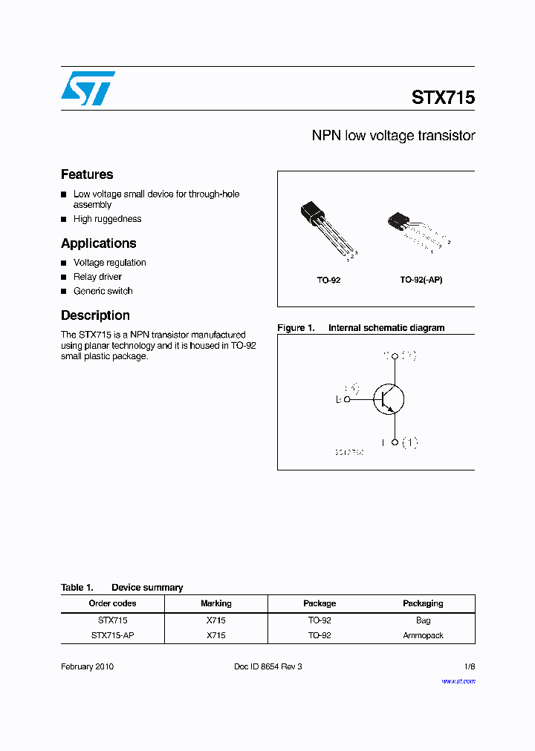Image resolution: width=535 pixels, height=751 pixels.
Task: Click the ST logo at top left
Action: click(88, 88)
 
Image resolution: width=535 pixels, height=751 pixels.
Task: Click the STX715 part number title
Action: click(443, 98)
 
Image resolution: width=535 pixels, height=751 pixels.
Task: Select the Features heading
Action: click(87, 174)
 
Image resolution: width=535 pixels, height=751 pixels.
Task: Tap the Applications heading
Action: click(98, 243)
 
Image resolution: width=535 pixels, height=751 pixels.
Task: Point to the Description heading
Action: click(95, 315)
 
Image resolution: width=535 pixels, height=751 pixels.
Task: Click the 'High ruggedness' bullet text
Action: click(107, 219)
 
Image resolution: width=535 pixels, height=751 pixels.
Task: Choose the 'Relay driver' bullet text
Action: click(97, 277)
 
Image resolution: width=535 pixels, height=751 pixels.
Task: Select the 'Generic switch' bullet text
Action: click(103, 291)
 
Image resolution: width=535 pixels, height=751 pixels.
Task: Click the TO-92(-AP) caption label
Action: click(421, 281)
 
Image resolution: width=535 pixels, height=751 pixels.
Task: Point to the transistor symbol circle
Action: click(388, 399)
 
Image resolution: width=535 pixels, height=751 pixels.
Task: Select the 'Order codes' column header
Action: click(112, 603)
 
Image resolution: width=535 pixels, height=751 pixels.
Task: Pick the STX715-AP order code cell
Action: click(112, 635)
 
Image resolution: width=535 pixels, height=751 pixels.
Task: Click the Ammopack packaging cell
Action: click(423, 635)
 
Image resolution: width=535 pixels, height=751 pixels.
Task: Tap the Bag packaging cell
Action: click(423, 620)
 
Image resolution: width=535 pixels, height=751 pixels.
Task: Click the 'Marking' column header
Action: click(216, 603)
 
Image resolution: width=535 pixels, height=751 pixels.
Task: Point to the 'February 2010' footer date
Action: click(87, 666)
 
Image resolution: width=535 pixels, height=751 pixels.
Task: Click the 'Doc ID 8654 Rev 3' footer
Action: click(267, 666)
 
